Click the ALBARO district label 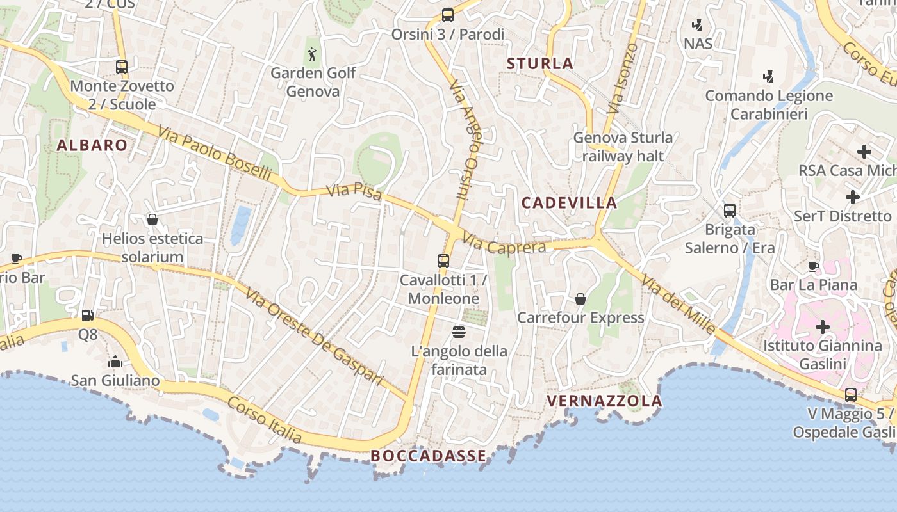(x=92, y=145)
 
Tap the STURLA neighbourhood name (x=540, y=63)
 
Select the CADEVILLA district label (x=569, y=203)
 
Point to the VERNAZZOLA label (x=604, y=401)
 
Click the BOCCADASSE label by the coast (x=428, y=456)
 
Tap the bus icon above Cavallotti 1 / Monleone (x=443, y=260)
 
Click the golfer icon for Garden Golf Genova (x=312, y=54)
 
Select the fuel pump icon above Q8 (x=88, y=315)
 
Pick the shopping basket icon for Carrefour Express (x=580, y=299)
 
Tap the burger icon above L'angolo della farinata (x=459, y=332)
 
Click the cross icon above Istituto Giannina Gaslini (x=822, y=327)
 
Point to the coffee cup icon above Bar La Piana (x=814, y=266)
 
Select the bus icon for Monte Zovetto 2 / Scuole (x=122, y=67)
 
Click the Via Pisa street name (x=354, y=191)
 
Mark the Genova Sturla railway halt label (x=623, y=147)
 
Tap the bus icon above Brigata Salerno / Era (x=729, y=211)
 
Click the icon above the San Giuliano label (x=115, y=362)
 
